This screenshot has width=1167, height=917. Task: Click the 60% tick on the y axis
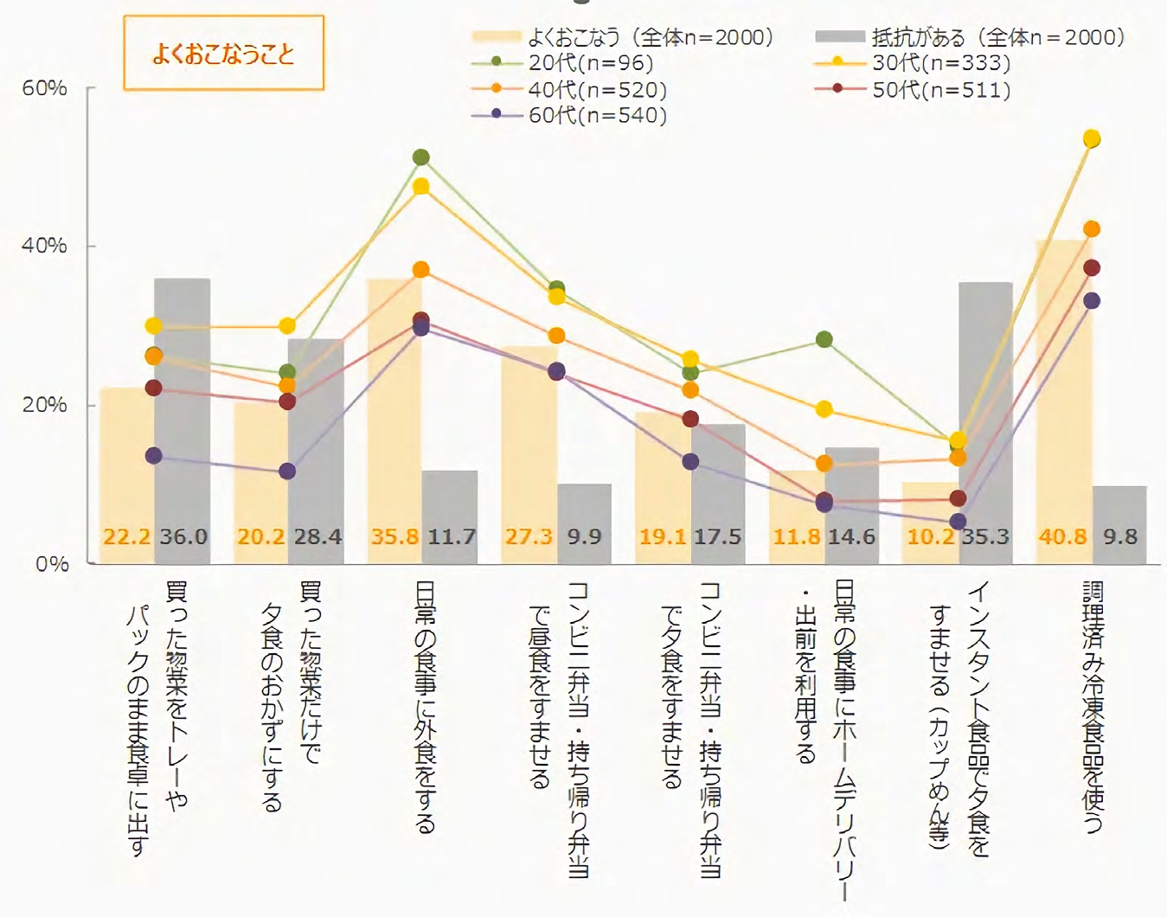[x=44, y=88]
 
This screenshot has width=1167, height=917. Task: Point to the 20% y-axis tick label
[x=44, y=405]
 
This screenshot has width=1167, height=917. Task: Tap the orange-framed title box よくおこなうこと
[x=223, y=54]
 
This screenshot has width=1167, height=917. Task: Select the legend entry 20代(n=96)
[x=591, y=63]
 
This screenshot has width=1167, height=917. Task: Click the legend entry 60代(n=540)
[x=597, y=115]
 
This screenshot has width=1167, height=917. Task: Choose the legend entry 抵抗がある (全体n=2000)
[x=997, y=37]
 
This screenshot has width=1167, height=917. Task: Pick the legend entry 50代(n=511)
[x=940, y=89]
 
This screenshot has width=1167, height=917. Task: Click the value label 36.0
[x=183, y=537]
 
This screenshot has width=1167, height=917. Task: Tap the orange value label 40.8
[x=1062, y=537]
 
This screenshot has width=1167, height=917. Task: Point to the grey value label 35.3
[x=986, y=537]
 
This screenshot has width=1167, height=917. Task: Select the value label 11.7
[x=452, y=537]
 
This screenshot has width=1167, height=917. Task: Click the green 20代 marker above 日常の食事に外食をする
[x=421, y=157]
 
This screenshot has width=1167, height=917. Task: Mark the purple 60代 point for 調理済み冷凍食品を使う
[x=1092, y=301]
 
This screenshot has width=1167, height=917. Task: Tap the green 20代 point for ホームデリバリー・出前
[x=824, y=340]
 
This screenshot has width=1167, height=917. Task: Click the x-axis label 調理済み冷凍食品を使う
[x=1093, y=705]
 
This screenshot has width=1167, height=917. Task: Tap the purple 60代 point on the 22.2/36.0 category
[x=154, y=456]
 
